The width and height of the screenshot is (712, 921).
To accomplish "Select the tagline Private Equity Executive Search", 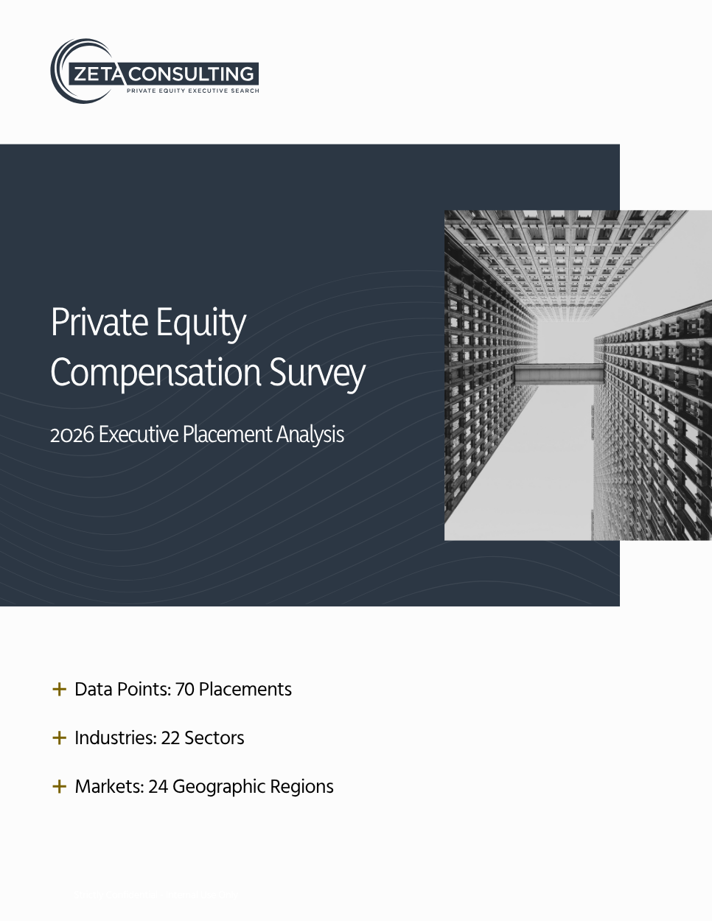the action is coord(193,91).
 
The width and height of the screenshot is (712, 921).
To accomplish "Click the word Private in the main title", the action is coord(100,322).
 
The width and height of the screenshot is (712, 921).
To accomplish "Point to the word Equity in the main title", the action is coord(201,324).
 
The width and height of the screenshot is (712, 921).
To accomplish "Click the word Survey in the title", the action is coord(317,374).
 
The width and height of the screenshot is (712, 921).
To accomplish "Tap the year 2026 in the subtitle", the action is coord(71,435).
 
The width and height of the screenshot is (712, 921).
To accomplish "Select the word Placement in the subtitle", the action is coord(227,435).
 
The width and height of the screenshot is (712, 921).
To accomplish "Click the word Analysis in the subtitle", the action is coord(310,435).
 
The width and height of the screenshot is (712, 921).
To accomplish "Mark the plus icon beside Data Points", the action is coord(59,689).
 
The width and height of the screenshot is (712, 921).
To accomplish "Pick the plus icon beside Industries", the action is coord(59,738).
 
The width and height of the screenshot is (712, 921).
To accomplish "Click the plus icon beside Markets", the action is coord(59,787).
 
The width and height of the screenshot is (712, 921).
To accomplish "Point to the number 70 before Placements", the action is coord(184,690).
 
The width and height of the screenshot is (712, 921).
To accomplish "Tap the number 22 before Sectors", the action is coord(170,738).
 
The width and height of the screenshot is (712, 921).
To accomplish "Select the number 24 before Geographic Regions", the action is coord(158,787).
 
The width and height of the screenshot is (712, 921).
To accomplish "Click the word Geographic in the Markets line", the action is coord(219,788).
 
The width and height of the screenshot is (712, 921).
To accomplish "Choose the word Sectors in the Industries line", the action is coord(214,738).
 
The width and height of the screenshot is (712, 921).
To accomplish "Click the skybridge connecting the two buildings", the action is coord(559,374).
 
